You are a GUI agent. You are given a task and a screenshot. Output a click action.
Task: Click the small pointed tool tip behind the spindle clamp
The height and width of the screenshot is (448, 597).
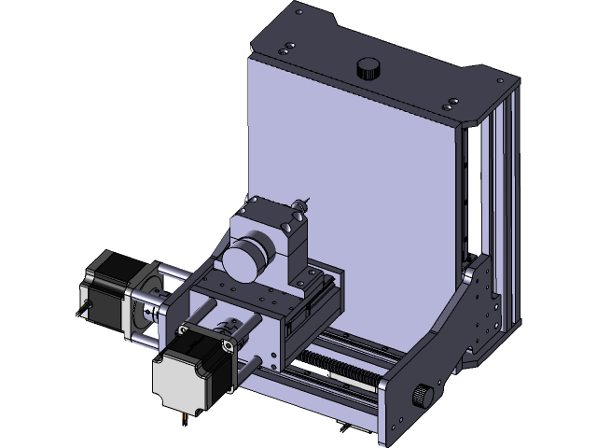(301, 201)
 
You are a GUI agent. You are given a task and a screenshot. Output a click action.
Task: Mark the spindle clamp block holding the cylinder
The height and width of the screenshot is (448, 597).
(280, 238)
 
